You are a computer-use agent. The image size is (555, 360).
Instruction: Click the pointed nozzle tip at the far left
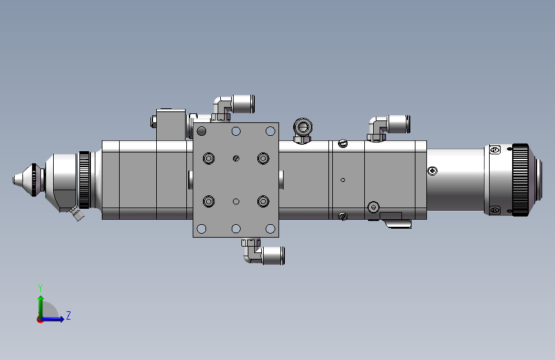(x=14, y=179)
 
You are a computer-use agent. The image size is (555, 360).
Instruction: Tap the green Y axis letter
(x=40, y=288)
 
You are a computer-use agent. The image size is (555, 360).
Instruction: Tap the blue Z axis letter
(x=68, y=315)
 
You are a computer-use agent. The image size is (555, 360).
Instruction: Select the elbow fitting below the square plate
(x=263, y=252)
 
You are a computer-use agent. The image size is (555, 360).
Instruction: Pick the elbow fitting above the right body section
(x=389, y=127)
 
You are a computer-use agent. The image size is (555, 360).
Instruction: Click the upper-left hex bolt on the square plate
(x=209, y=158)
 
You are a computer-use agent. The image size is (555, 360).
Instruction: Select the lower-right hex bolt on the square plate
(x=263, y=201)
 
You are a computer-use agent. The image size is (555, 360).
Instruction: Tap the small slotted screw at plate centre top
(x=236, y=158)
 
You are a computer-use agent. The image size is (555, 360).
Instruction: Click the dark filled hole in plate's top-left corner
(x=202, y=131)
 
